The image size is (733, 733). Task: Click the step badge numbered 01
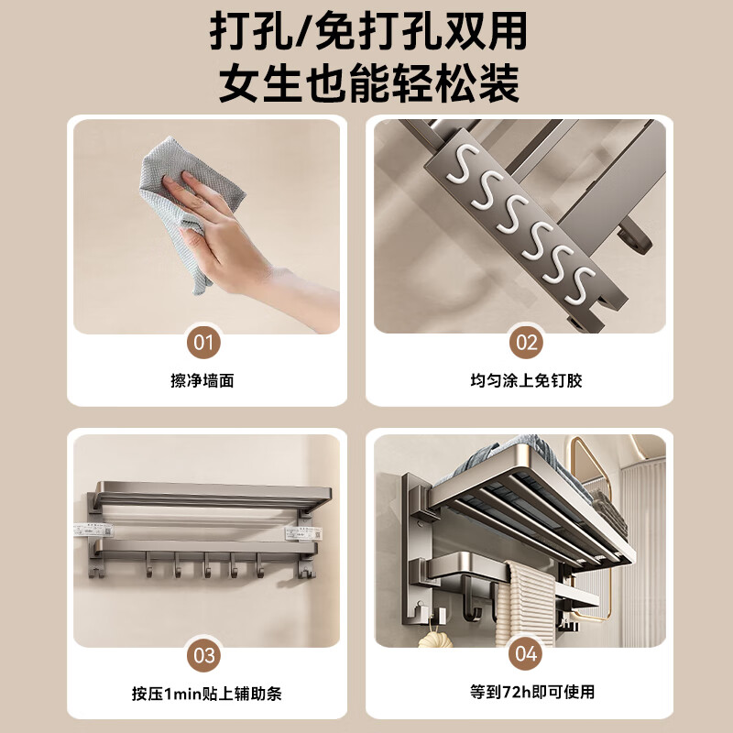pos(205,345)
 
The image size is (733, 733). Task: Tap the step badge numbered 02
pos(526,345)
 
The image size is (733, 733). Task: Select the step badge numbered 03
pos(205,655)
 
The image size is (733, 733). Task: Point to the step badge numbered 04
pos(526,655)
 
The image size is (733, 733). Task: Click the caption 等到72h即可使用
pos(526,694)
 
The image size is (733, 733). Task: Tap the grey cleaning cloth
pos(170,202)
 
